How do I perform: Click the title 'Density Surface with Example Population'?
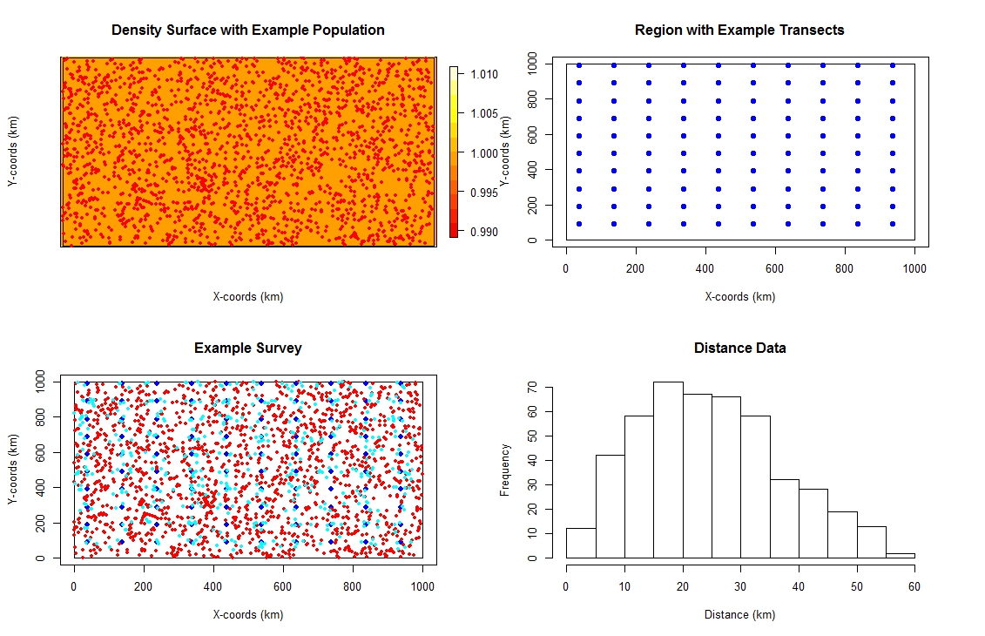pos(248,30)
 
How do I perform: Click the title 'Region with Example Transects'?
pos(739,30)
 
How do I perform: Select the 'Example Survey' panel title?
pos(248,348)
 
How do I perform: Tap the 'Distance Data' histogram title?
pos(739,348)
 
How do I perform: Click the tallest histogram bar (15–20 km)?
pos(668,470)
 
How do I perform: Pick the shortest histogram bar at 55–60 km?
pos(900,554)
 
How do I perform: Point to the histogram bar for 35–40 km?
pos(784,518)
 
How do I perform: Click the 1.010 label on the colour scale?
pos(479,75)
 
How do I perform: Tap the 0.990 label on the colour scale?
pos(479,232)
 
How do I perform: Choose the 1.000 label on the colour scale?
pos(479,153)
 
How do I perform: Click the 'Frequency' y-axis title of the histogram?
pos(504,470)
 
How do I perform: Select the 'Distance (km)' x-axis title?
pos(739,615)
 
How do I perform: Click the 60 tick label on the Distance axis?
pos(914,586)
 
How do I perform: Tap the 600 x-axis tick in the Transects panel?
pos(775,269)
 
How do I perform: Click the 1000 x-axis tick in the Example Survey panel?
pos(422,587)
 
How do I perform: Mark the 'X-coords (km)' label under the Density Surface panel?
pos(248,297)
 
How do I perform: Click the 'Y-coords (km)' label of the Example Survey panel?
pos(13,470)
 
